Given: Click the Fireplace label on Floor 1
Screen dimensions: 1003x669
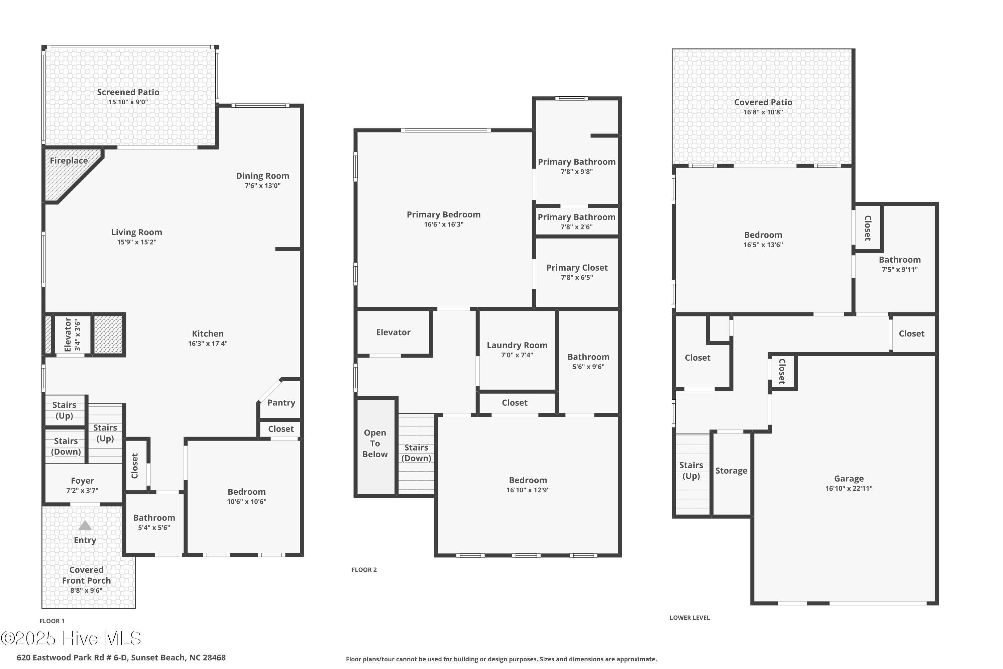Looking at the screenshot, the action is tap(69, 161).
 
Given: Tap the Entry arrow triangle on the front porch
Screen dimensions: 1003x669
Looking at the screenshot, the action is tap(85, 525).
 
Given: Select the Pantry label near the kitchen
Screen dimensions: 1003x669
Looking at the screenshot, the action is tap(281, 403).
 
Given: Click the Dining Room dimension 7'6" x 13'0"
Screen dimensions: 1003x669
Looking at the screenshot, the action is tap(263, 186).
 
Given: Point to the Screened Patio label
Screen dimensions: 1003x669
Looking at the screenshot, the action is tap(128, 92).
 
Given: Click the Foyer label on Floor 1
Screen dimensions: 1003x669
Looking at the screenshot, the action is tap(82, 481).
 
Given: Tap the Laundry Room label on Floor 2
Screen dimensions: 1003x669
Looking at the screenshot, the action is tap(517, 345).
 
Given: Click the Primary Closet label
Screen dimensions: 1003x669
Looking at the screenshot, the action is tap(577, 268).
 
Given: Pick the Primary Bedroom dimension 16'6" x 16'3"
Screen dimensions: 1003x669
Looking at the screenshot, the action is tap(444, 225).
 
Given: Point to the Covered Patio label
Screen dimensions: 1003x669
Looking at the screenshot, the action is tap(763, 102).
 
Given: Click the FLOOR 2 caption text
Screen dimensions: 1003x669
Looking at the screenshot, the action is tap(364, 570).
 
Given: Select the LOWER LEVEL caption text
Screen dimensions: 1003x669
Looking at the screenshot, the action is tap(689, 618).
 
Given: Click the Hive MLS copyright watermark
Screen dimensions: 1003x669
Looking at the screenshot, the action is tap(71, 639).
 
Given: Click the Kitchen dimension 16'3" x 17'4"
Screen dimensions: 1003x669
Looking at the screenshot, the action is tap(208, 344).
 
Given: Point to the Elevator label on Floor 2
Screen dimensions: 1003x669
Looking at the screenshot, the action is tap(393, 332).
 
